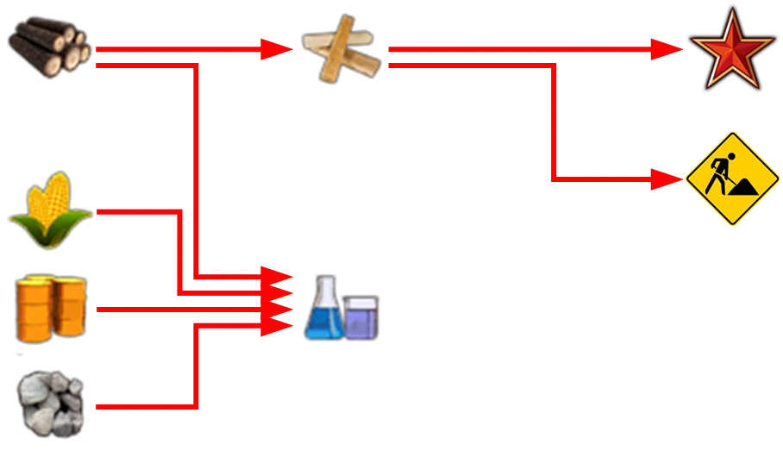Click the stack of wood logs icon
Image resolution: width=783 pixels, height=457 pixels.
click(x=49, y=47)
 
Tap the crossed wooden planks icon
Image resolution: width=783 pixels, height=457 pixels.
click(x=341, y=50)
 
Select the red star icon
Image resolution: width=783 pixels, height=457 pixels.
click(x=731, y=49)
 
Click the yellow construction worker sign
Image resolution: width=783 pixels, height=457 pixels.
click(x=732, y=178)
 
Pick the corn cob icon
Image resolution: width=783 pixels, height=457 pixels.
click(x=50, y=210)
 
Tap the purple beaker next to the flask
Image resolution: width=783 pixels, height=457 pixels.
click(x=361, y=316)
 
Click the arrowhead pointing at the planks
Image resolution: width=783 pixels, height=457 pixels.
click(x=276, y=49)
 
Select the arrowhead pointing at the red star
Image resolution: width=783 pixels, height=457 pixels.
click(x=666, y=49)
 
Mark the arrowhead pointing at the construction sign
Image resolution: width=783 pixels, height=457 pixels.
click(x=667, y=179)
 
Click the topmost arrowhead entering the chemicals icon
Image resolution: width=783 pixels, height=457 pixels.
click(x=279, y=276)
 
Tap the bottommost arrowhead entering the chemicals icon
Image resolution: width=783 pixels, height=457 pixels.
click(x=279, y=325)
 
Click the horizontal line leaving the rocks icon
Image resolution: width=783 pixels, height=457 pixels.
click(x=142, y=405)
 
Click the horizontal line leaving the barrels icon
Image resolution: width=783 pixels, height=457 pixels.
click(x=172, y=310)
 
